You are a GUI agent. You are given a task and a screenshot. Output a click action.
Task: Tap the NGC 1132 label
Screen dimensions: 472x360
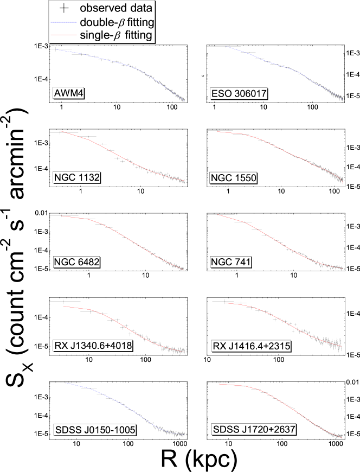pos(76,177)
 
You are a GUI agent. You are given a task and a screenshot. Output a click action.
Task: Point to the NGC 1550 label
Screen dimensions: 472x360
pos(233,178)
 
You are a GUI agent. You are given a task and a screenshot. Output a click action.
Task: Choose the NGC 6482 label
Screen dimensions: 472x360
pos(76,262)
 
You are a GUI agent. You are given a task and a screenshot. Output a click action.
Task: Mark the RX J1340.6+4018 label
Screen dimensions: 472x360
pos(93,346)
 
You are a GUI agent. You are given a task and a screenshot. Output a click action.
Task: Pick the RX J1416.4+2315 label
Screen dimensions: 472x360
pos(250,346)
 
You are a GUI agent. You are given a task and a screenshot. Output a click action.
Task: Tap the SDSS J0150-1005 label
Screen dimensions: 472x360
pos(95,430)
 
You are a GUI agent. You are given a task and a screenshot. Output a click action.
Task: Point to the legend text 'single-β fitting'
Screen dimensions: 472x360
pos(116,36)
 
